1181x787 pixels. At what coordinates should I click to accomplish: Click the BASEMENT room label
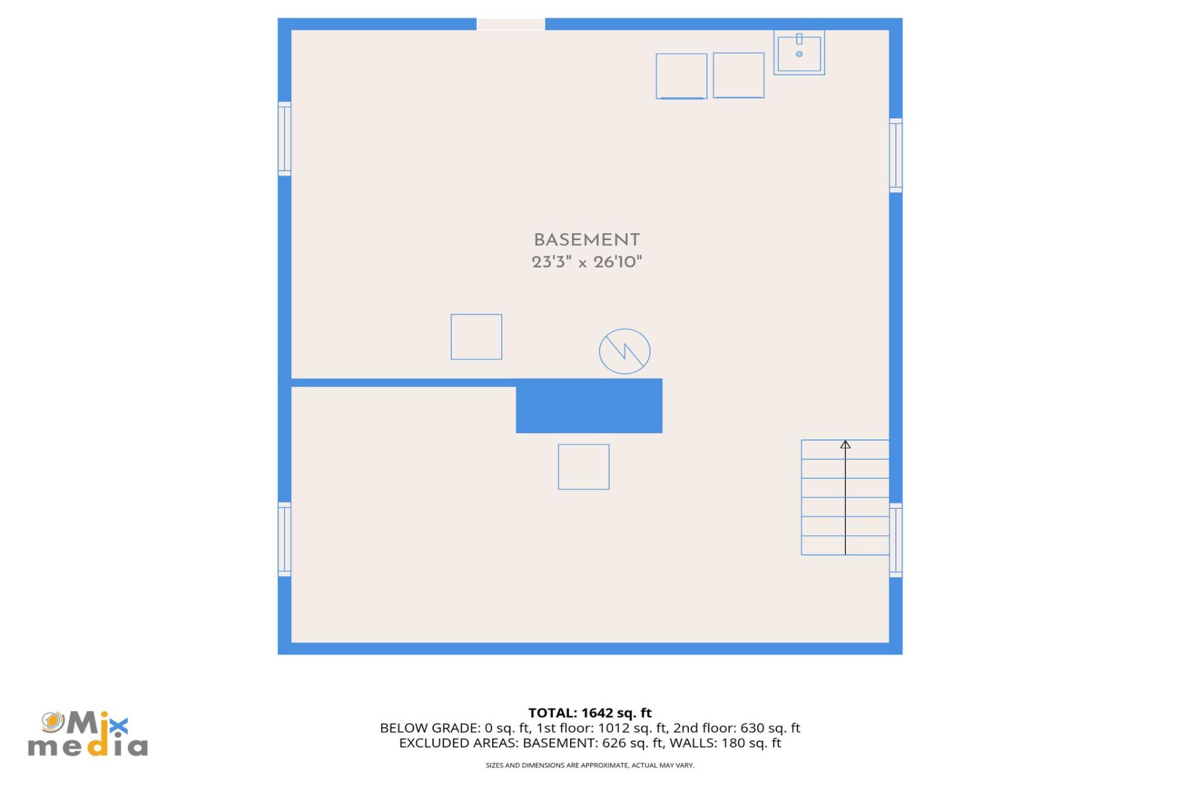(x=586, y=240)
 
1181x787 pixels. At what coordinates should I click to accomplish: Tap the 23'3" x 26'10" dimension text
(x=586, y=262)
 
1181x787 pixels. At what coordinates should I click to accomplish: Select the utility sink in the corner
(x=798, y=52)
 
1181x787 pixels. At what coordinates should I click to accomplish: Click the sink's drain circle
(x=799, y=54)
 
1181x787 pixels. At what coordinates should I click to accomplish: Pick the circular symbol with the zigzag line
(x=624, y=352)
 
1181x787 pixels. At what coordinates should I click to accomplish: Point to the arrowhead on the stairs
(x=845, y=445)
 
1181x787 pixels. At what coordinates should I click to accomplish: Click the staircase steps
(x=844, y=498)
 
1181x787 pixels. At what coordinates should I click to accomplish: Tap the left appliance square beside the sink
(x=681, y=76)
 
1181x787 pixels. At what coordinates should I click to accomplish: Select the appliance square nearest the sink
(x=738, y=75)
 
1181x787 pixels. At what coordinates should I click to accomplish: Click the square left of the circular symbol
(x=476, y=337)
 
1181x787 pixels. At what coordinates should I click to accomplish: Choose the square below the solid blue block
(x=583, y=467)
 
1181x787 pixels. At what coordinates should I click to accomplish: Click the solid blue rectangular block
(x=589, y=406)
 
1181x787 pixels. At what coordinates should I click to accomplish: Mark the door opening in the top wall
(x=510, y=24)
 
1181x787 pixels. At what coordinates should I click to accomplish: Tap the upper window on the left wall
(x=284, y=138)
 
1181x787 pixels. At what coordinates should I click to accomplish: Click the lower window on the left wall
(x=284, y=539)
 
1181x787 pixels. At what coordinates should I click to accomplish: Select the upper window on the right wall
(x=896, y=155)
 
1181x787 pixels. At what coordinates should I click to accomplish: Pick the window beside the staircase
(x=896, y=540)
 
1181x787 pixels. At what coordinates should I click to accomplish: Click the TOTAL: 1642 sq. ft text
(x=589, y=713)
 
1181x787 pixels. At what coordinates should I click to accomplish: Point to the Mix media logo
(x=87, y=735)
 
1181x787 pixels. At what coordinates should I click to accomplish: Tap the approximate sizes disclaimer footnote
(x=589, y=765)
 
